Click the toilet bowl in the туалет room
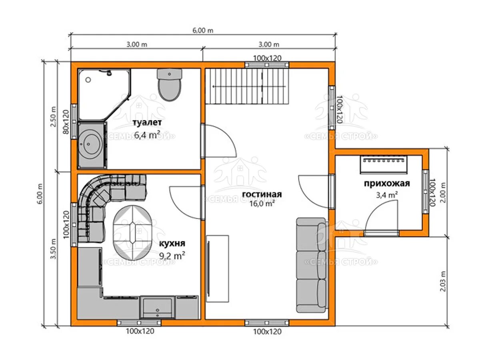[170, 85]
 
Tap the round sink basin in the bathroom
[90, 143]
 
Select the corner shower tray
[104, 94]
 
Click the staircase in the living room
[247, 86]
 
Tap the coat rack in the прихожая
[384, 164]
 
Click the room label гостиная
[262, 194]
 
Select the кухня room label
[172, 243]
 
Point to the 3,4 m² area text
[387, 195]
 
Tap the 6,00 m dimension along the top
[203, 30]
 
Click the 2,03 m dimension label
[442, 281]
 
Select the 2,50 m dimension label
[53, 117]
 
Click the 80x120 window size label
[66, 122]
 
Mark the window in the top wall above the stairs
[267, 65]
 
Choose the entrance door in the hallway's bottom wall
[381, 233]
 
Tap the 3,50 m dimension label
[53, 249]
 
